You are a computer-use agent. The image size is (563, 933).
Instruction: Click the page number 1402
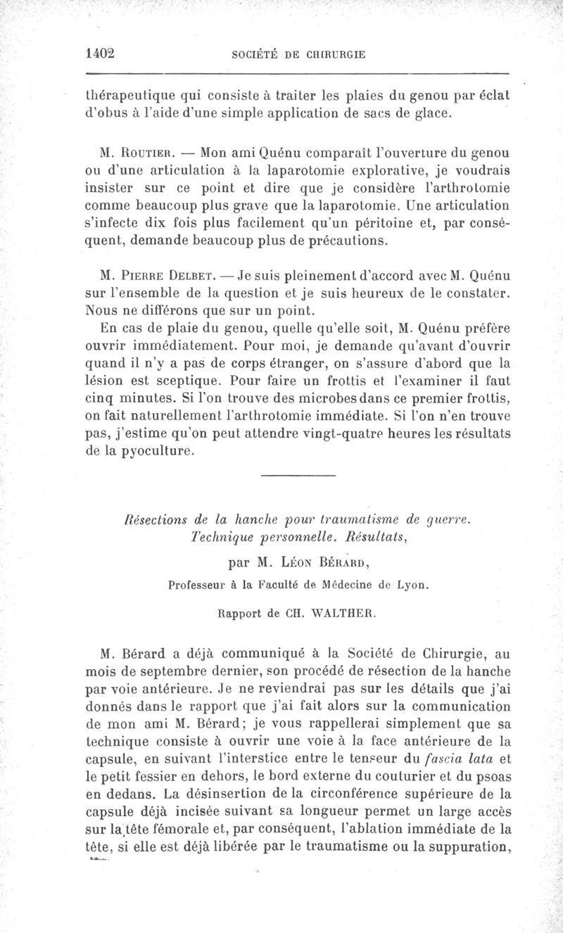(99, 53)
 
